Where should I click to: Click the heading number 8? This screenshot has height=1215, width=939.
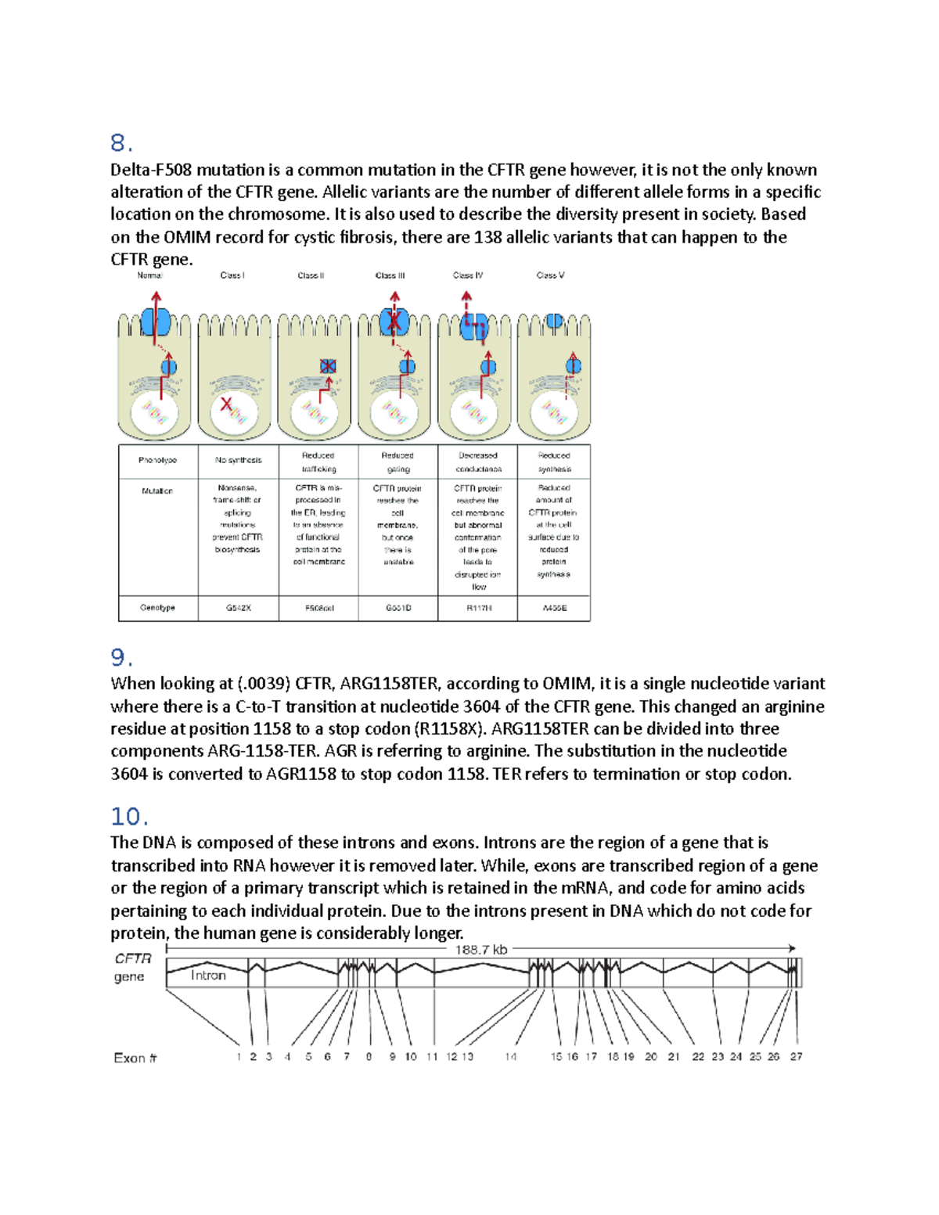(121, 143)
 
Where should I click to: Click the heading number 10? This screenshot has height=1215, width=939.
(129, 817)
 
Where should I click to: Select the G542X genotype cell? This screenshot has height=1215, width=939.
(238, 608)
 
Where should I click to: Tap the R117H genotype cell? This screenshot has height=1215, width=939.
(478, 608)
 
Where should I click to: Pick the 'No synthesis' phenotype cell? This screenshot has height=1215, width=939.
(238, 460)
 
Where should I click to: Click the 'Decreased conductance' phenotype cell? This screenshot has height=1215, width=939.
(478, 462)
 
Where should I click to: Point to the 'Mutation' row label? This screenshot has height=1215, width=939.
(157, 491)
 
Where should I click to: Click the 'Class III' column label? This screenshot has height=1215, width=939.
(390, 275)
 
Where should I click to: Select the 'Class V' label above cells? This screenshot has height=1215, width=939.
(550, 275)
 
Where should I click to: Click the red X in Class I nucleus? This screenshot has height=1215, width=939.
(226, 404)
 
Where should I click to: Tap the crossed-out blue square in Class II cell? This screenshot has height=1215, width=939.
(328, 366)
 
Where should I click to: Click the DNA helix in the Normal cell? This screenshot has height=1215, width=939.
(155, 412)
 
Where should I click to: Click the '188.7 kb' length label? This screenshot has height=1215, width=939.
(481, 950)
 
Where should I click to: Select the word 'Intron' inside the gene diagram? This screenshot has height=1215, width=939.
(208, 976)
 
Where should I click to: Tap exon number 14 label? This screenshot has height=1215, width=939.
(510, 1057)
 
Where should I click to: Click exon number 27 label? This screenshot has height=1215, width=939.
(796, 1056)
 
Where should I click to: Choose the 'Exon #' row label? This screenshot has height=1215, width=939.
(135, 1058)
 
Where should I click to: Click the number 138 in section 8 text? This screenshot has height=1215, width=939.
(487, 237)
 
